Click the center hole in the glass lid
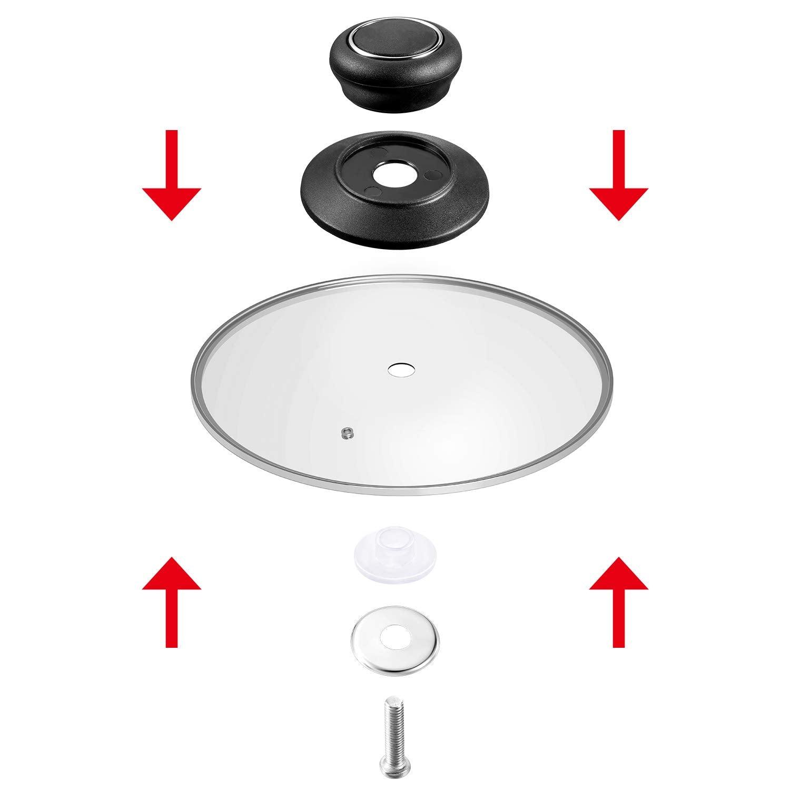tap(400, 369)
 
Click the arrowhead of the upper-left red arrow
tap(172, 203)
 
